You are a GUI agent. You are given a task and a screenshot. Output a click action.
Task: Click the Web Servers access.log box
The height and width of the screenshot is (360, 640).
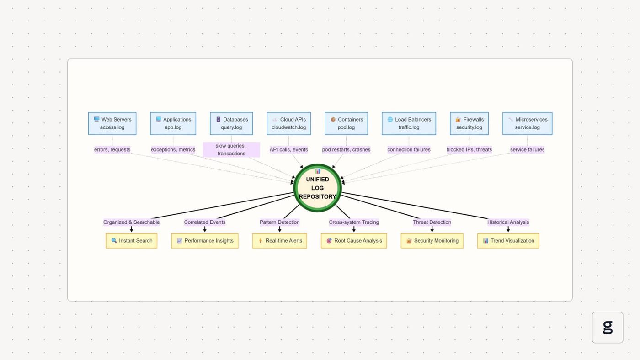pos(112,123)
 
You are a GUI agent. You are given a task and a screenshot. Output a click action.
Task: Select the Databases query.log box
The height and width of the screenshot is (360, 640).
pos(231,123)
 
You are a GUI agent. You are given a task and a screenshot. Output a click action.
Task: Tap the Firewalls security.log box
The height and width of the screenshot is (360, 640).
pos(469,123)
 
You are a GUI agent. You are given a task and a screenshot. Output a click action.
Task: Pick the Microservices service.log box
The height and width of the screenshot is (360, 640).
pos(528,123)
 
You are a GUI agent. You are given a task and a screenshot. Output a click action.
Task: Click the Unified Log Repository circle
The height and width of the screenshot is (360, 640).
pos(317,188)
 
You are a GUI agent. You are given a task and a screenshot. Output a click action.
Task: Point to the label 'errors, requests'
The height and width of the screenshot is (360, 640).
pos(112,149)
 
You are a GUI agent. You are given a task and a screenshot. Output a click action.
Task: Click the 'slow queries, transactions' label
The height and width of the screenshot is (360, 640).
pos(231,149)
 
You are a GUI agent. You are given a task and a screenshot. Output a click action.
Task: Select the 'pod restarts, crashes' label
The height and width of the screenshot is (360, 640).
pos(347,149)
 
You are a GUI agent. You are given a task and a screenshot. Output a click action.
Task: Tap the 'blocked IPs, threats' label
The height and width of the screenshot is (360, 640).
pos(469,149)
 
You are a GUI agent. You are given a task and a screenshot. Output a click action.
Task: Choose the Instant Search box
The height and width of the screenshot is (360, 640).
pos(132,241)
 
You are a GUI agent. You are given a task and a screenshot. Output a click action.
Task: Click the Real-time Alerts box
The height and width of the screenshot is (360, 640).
pos(280,241)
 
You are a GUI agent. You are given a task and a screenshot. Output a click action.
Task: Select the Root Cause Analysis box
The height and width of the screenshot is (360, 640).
pos(354,241)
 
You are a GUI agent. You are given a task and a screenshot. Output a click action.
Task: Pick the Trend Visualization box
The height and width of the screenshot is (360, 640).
pos(508,241)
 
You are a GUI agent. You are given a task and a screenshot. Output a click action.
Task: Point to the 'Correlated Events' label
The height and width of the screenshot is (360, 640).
pos(205,222)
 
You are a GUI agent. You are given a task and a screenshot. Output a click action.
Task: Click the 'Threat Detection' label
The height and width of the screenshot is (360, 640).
pos(432,222)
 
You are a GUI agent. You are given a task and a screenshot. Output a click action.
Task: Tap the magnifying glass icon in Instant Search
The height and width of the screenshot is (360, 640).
pos(114,240)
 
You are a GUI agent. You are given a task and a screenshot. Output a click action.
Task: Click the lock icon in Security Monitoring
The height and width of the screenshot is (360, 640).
pos(409,241)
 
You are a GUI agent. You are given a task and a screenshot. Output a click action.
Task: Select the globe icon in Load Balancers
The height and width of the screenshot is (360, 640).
pos(390,119)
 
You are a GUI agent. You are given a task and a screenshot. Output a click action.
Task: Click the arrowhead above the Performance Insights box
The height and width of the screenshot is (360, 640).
pos(205,230)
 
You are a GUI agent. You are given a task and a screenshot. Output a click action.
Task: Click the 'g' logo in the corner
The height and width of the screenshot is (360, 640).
pos(608,328)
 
